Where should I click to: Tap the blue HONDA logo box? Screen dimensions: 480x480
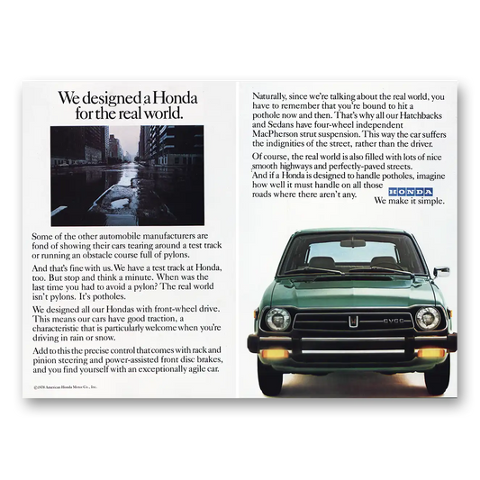[x=410, y=193]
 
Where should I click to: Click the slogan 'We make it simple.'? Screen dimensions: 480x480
[x=410, y=203]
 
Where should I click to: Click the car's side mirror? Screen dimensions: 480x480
[x=441, y=270]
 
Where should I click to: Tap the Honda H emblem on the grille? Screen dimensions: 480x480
[x=355, y=320]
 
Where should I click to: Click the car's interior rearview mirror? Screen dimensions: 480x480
[x=353, y=243]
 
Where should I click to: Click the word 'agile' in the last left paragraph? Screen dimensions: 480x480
[x=192, y=369]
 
